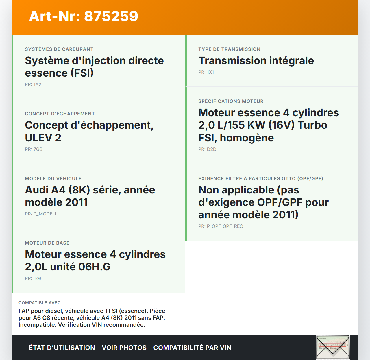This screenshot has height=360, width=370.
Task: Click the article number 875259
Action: (111, 16)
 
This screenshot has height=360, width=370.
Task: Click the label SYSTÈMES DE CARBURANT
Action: (59, 49)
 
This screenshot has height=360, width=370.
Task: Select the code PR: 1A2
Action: (33, 84)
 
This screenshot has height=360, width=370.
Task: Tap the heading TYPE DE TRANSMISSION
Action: (229, 49)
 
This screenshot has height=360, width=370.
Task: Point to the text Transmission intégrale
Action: (256, 61)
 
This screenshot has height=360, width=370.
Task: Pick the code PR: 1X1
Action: (206, 72)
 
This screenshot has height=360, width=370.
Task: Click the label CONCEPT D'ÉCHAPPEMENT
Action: (60, 114)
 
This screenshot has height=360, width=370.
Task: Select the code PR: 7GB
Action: (34, 149)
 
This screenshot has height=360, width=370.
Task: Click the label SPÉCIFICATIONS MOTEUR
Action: (231, 101)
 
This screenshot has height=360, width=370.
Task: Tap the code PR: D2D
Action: (207, 149)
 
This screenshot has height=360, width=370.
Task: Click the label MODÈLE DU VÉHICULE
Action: (53, 178)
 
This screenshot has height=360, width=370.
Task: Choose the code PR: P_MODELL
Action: (41, 214)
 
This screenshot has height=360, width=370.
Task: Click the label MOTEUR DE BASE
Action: (47, 243)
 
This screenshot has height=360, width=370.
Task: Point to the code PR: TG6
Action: (34, 278)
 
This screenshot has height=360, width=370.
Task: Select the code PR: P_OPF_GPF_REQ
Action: (221, 226)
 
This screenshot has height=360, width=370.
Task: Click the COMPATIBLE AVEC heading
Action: (40, 303)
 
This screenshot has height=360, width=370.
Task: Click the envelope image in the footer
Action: (333, 347)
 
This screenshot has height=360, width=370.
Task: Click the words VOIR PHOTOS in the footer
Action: (124, 348)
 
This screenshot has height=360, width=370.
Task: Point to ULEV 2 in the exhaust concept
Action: (43, 138)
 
